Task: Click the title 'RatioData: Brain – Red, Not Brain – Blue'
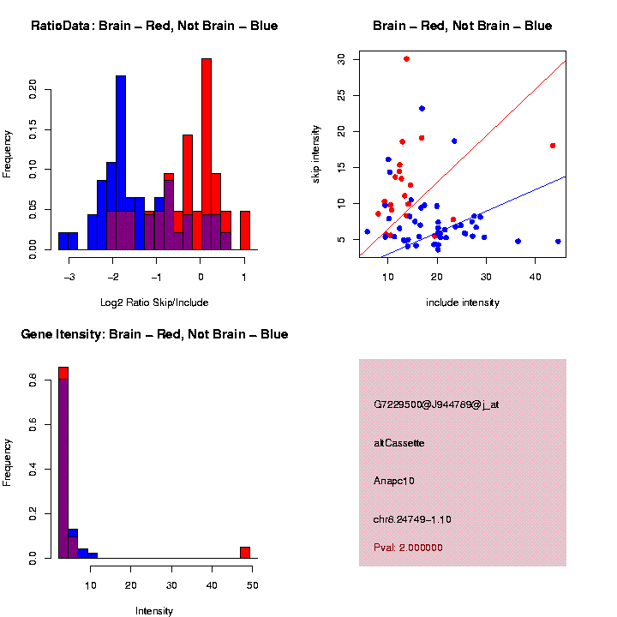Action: [154, 26]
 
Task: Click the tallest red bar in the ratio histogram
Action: [206, 154]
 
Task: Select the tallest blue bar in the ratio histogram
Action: [121, 163]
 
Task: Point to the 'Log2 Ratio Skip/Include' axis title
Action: [154, 303]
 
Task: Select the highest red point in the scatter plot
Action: [406, 59]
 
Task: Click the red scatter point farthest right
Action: [553, 146]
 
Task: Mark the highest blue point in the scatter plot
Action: [422, 109]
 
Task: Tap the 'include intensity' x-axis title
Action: [463, 303]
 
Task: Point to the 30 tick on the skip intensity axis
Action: [340, 59]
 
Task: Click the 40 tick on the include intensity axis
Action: [536, 277]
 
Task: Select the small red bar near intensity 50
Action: [245, 552]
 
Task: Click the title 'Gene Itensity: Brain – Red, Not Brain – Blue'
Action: [154, 334]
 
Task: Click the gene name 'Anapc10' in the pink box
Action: [394, 481]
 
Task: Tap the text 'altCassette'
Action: [399, 443]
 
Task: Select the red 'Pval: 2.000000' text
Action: [408, 548]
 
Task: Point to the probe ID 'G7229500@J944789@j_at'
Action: [436, 404]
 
